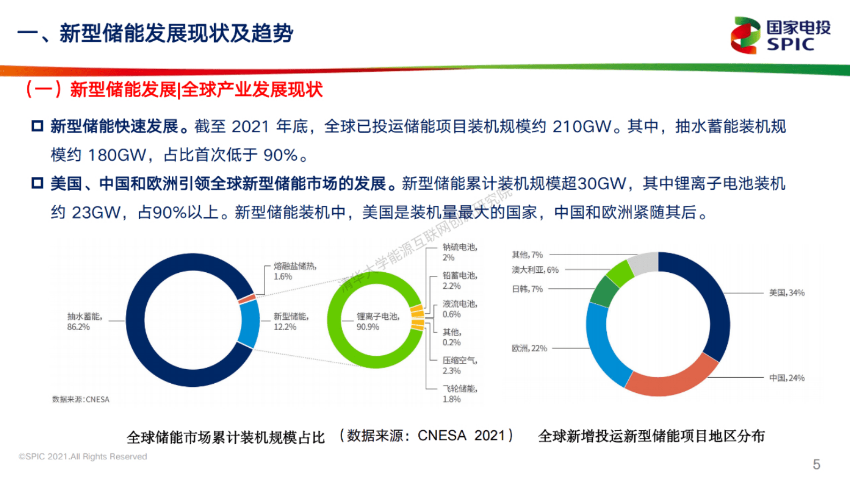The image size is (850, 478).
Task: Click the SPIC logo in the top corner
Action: pyautogui.click(x=780, y=35)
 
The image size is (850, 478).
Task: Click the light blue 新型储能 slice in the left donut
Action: pyautogui.click(x=249, y=324)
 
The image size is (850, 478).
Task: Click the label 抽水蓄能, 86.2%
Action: pyautogui.click(x=84, y=322)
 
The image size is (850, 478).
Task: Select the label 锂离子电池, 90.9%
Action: pyautogui.click(x=378, y=322)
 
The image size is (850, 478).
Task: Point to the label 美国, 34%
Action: pyautogui.click(x=787, y=293)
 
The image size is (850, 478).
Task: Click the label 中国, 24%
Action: pyautogui.click(x=787, y=378)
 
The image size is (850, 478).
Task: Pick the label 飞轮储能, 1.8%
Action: pyautogui.click(x=459, y=394)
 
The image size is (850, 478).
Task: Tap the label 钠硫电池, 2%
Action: pyautogui.click(x=459, y=252)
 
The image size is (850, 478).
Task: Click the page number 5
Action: pyautogui.click(x=816, y=464)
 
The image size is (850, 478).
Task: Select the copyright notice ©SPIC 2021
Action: pyautogui.click(x=82, y=457)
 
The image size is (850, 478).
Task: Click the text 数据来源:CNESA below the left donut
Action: pyautogui.click(x=80, y=399)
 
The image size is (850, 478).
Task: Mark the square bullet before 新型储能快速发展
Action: pyautogui.click(x=37, y=126)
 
